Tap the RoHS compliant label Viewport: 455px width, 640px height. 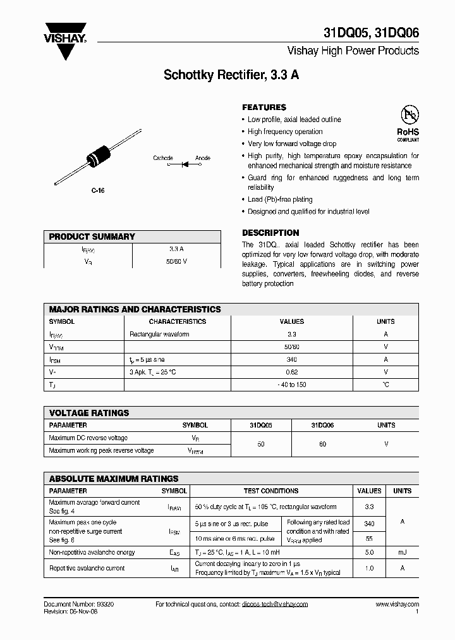pyautogui.click(x=408, y=134)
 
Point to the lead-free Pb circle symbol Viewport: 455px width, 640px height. pyautogui.click(x=409, y=114)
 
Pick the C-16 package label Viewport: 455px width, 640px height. pyautogui.click(x=98, y=190)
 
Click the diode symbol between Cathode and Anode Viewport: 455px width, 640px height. pyautogui.click(x=185, y=165)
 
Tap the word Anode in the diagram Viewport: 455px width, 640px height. pyautogui.click(x=203, y=158)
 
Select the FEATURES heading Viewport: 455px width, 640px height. pyautogui.click(x=264, y=108)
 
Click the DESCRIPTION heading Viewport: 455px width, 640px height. pyautogui.click(x=270, y=233)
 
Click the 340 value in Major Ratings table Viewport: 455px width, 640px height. pyautogui.click(x=291, y=359)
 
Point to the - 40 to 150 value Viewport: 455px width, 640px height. pyautogui.click(x=291, y=385)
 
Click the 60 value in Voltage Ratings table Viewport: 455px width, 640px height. pyautogui.click(x=323, y=445)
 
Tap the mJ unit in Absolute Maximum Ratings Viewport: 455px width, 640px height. pyautogui.click(x=402, y=553)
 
